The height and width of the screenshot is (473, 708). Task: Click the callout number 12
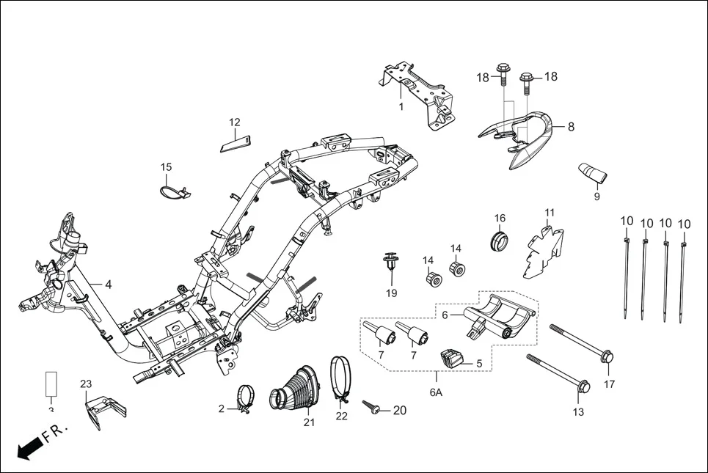234,122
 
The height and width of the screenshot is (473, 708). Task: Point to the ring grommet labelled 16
499,240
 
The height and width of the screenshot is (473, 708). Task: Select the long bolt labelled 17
580,342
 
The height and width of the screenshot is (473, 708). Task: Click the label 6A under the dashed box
435,393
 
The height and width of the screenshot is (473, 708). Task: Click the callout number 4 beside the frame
108,285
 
